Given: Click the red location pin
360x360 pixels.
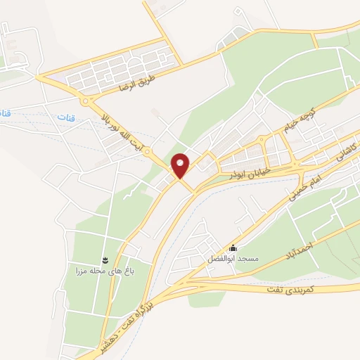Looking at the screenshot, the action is coord(181,165).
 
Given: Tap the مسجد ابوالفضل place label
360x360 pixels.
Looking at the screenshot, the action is coord(233,259).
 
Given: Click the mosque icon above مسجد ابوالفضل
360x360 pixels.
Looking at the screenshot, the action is coord(233,247).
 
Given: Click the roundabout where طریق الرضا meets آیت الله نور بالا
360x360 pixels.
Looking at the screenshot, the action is coord(86,102).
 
